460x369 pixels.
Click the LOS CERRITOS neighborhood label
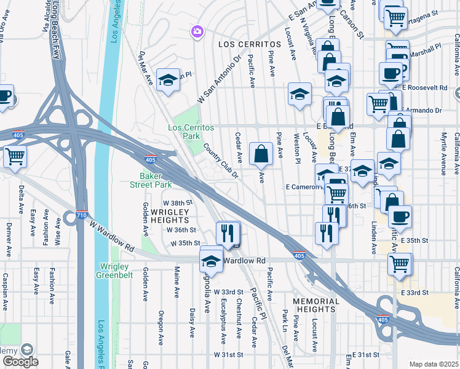pos(245,45)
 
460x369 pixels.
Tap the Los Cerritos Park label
pos(191,131)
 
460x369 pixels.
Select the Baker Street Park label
pos(154,180)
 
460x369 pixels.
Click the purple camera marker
pos(197,31)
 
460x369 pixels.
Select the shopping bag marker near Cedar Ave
pos(261,154)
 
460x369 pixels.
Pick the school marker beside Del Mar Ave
pos(167,81)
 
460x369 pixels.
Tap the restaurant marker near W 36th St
pos(228,232)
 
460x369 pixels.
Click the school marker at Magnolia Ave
pos(211,260)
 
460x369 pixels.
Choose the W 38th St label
pos(178,202)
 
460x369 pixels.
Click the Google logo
pos(20,362)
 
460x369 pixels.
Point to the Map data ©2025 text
pos(433,364)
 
